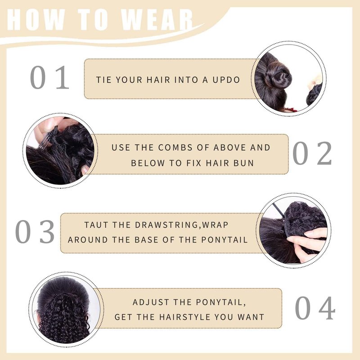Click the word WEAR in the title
(157, 20)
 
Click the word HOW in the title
(36, 20)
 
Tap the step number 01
(49, 77)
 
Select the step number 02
(312, 153)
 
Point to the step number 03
(35, 231)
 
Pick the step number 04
(315, 308)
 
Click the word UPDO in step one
(226, 80)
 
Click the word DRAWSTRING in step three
(166, 225)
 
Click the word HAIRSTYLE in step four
(185, 317)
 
